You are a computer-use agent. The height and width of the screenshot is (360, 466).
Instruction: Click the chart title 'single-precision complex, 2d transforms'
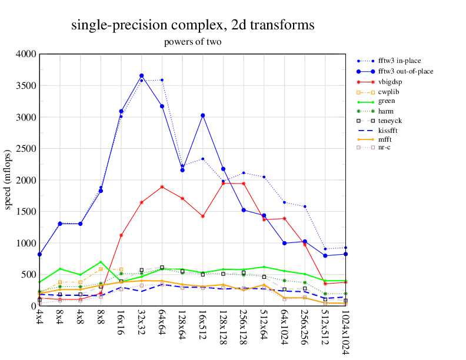(193, 25)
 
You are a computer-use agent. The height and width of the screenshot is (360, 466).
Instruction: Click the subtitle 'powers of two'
(192, 42)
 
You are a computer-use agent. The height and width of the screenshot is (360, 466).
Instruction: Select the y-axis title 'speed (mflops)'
(9, 180)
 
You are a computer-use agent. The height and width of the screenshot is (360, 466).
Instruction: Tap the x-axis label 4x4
(39, 320)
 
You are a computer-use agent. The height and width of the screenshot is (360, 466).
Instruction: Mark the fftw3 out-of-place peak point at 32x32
(141, 76)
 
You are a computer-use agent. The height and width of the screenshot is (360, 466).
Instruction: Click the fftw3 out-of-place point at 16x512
(202, 115)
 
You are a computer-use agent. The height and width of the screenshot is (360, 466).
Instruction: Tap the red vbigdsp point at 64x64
(162, 187)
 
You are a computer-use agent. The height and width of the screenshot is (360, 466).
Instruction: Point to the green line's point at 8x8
(101, 262)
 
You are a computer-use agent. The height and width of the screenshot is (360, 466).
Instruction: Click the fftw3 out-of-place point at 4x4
(39, 254)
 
